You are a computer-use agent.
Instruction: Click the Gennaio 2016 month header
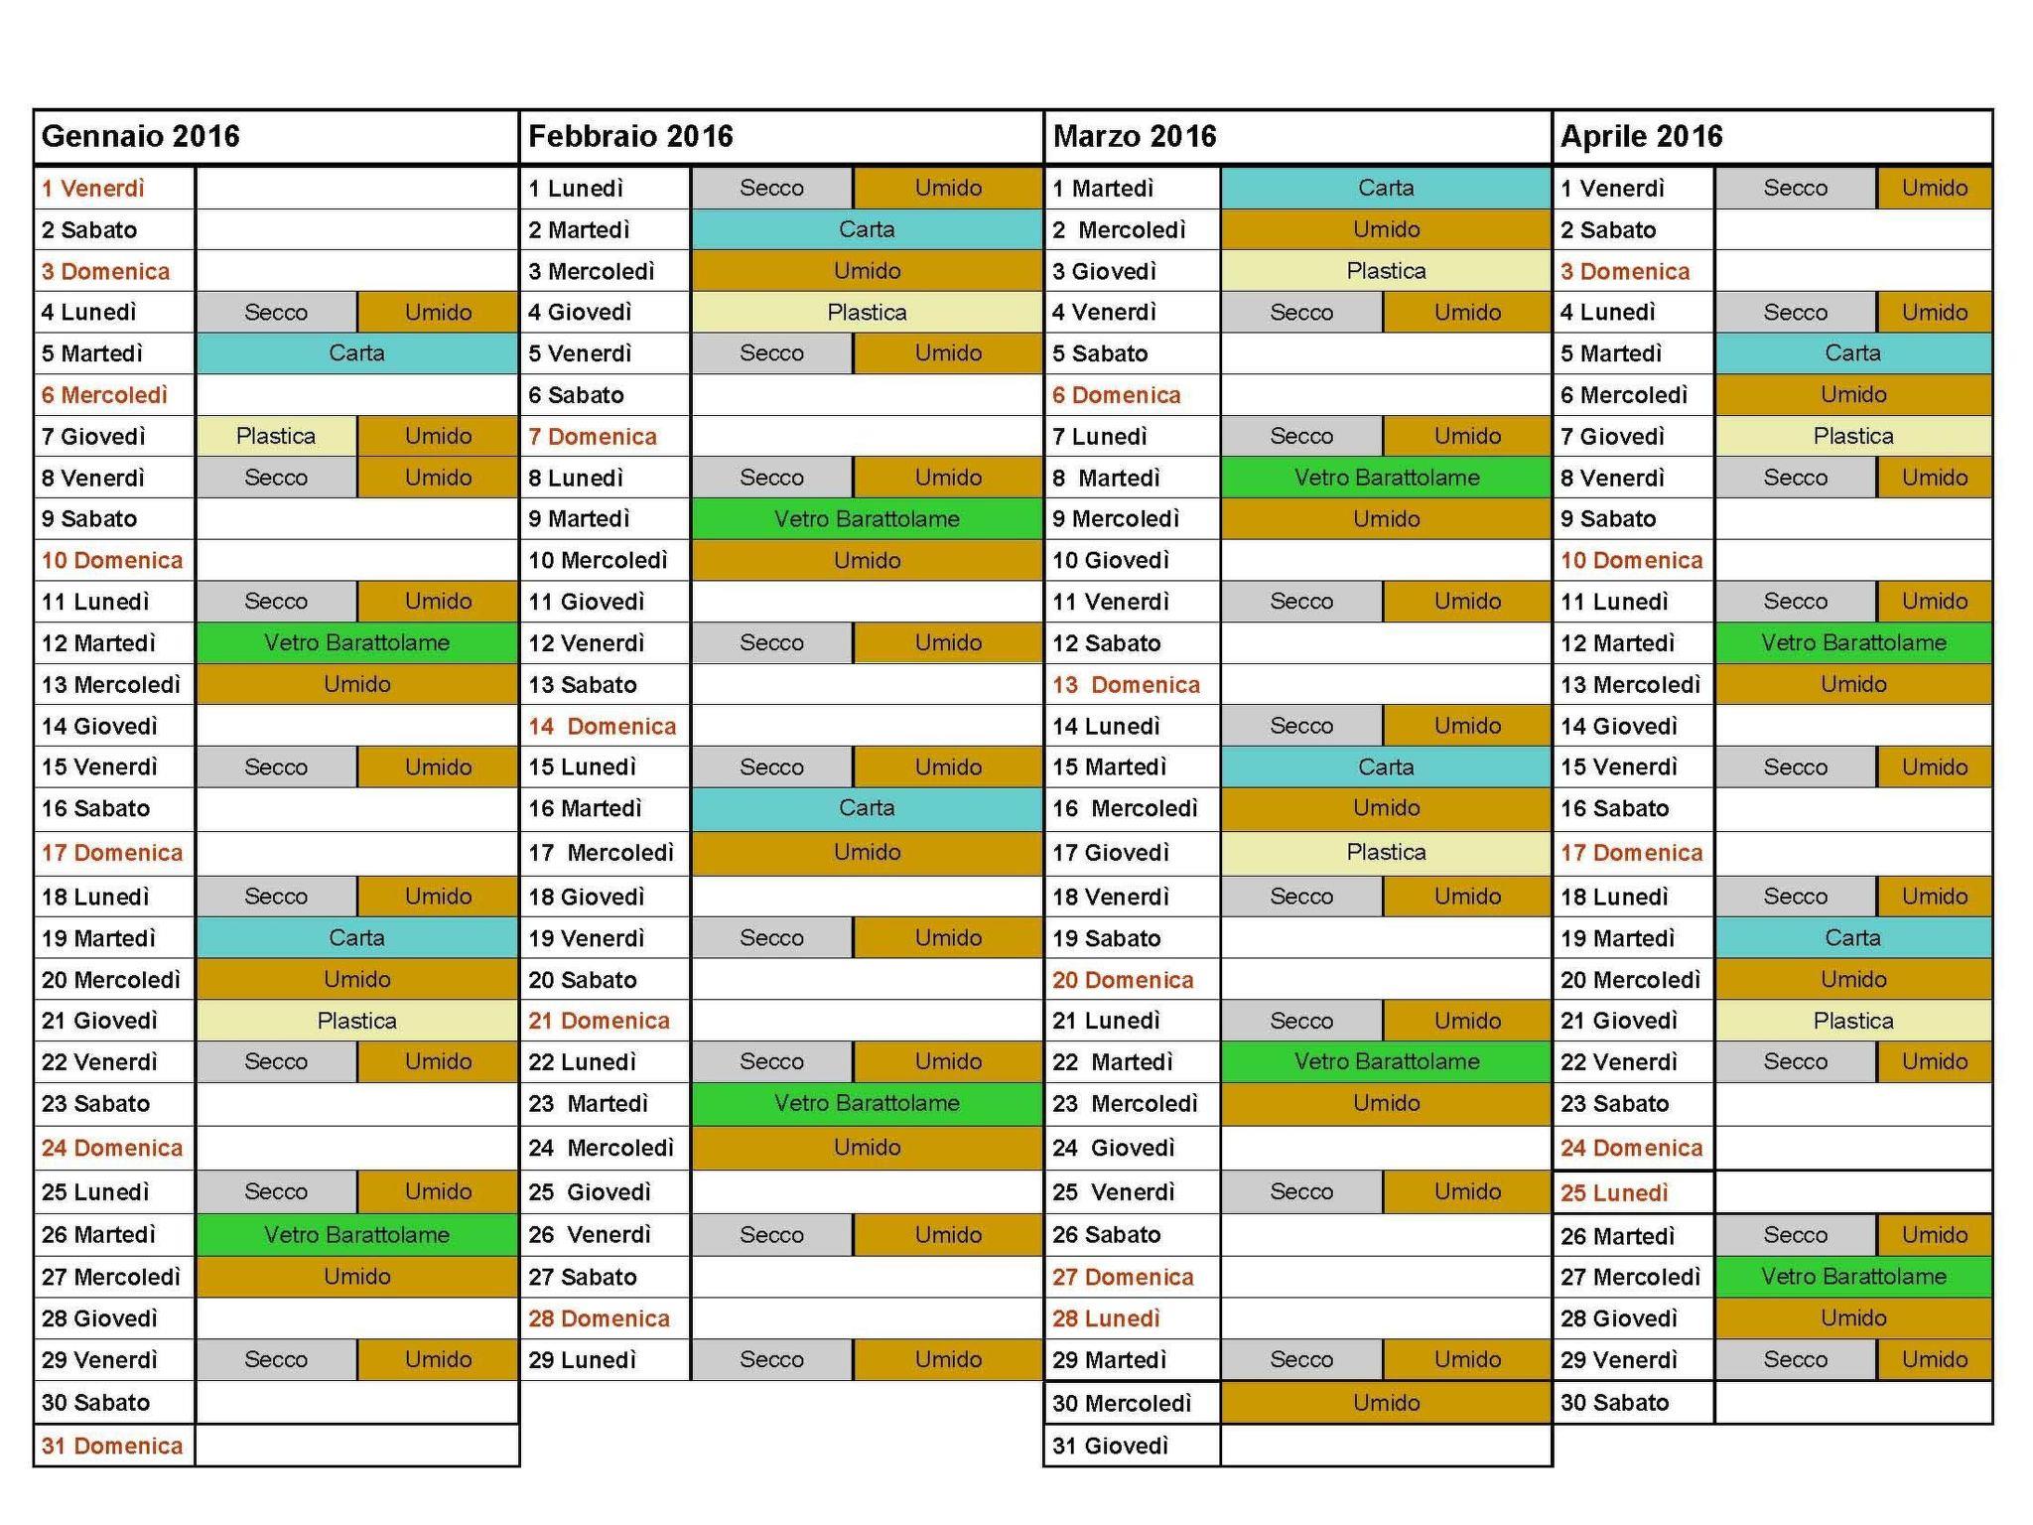pyautogui.click(x=141, y=136)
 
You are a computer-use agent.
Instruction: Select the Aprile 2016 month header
pyautogui.click(x=1641, y=136)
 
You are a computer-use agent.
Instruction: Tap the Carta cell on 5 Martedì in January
pyautogui.click(x=356, y=353)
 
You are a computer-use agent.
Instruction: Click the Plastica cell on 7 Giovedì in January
pyautogui.click(x=276, y=436)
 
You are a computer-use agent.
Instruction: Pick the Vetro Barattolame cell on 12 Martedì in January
pyautogui.click(x=356, y=642)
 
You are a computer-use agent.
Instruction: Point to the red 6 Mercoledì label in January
pyautogui.click(x=104, y=395)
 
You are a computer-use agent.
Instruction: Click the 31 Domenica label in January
pyautogui.click(x=112, y=1446)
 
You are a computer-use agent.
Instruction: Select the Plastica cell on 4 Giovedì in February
pyautogui.click(x=867, y=313)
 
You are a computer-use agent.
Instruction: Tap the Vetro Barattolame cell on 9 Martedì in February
pyautogui.click(x=867, y=519)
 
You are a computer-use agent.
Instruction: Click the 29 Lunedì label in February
pyautogui.click(x=582, y=1360)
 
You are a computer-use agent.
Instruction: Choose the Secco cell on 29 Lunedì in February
pyautogui.click(x=771, y=1360)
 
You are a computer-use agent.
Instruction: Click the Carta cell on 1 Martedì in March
pyautogui.click(x=1386, y=188)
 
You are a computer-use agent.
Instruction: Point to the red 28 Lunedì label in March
pyautogui.click(x=1106, y=1318)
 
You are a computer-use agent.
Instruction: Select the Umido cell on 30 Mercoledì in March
pyautogui.click(x=1386, y=1403)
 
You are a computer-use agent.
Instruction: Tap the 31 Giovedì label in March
pyautogui.click(x=1110, y=1446)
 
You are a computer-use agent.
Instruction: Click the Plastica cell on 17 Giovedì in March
pyautogui.click(x=1386, y=852)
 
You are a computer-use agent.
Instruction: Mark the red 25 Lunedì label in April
pyautogui.click(x=1614, y=1192)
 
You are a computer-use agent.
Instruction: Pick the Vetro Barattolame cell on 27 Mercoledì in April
pyautogui.click(x=1853, y=1277)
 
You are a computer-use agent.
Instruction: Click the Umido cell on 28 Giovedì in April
pyautogui.click(x=1853, y=1318)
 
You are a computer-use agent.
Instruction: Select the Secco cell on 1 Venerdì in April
pyautogui.click(x=1795, y=188)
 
